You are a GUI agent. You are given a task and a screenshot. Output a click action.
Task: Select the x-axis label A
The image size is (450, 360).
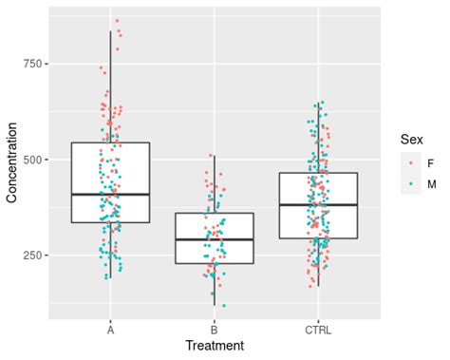tap(110, 330)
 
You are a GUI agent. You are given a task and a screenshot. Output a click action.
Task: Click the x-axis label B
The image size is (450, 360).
tap(214, 330)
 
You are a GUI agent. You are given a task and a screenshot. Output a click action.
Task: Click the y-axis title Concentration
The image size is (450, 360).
tap(11, 164)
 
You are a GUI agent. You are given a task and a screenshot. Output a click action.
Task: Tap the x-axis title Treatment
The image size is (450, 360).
tap(215, 346)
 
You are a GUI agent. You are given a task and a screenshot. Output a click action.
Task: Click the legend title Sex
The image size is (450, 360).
tap(411, 140)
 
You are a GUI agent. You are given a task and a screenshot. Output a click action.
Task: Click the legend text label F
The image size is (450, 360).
tap(432, 162)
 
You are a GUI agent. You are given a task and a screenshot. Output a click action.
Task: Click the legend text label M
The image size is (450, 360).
tap(433, 183)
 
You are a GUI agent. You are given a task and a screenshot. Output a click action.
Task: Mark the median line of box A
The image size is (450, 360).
tap(110, 194)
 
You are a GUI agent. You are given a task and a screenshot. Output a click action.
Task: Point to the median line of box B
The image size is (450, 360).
tap(214, 239)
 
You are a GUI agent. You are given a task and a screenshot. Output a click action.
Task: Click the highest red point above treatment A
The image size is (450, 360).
tap(117, 21)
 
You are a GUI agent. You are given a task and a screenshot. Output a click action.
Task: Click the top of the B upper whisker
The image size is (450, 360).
tap(214, 156)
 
